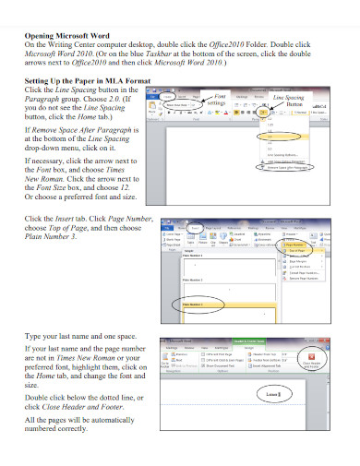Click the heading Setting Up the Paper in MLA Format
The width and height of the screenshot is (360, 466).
tap(90, 81)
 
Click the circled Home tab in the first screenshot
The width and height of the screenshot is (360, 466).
tap(169, 96)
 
